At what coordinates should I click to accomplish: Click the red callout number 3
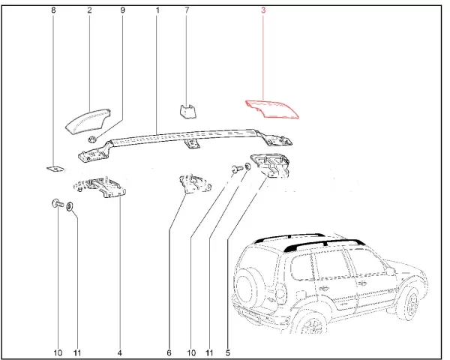[263, 10]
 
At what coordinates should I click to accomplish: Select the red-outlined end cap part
[272, 109]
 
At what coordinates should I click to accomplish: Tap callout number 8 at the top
[53, 10]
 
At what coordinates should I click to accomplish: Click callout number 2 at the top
[89, 10]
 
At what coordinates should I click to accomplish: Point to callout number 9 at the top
[122, 10]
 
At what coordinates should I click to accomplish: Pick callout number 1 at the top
[157, 10]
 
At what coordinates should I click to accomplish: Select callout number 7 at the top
[187, 10]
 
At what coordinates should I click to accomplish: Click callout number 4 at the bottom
[120, 352]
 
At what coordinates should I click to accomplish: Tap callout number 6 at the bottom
[169, 352]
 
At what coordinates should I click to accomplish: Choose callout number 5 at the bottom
[228, 352]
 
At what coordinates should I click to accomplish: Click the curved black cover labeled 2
[88, 121]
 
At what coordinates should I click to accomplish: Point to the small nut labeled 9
[92, 139]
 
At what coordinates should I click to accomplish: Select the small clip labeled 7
[187, 112]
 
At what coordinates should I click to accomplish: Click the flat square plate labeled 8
[55, 169]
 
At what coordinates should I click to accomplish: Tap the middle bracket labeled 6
[195, 184]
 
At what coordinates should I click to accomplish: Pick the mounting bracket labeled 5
[270, 165]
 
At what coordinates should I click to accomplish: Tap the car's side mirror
[390, 270]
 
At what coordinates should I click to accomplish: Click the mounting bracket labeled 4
[100, 187]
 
